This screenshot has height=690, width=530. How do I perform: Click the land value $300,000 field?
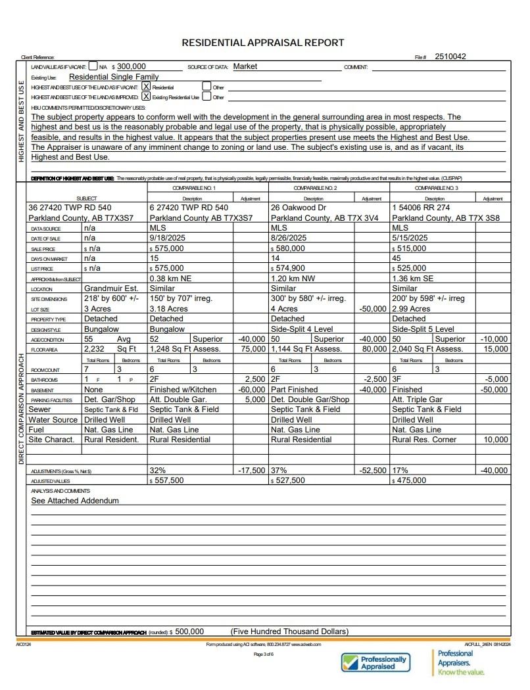[x=131, y=66]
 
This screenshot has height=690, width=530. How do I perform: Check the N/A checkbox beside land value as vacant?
[x=93, y=66]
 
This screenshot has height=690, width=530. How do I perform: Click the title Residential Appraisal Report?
[x=262, y=43]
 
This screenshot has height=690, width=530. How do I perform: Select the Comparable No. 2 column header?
[x=315, y=188]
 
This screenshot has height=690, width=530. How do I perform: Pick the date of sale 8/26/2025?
[x=289, y=238]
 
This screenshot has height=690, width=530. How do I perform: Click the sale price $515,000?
[x=410, y=248]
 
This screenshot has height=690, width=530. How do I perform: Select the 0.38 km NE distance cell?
[x=170, y=278]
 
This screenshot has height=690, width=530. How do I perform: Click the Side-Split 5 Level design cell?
[x=423, y=329]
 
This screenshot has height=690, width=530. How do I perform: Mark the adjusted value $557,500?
[x=168, y=480]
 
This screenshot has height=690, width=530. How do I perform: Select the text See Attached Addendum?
[x=75, y=501]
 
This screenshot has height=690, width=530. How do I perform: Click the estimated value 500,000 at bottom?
[x=189, y=632]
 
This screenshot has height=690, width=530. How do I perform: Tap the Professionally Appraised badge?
[x=374, y=662]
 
